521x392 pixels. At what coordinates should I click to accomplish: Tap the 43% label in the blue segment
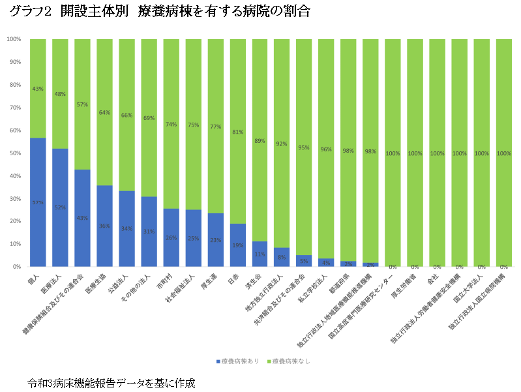pyautogui.click(x=82, y=218)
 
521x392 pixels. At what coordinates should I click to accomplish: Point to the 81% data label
pyautogui.click(x=237, y=132)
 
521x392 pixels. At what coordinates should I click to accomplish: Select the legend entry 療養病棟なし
pyautogui.click(x=290, y=360)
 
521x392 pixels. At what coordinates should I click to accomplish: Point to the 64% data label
pyautogui.click(x=104, y=112)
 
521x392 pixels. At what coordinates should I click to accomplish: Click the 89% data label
pyautogui.click(x=260, y=141)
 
